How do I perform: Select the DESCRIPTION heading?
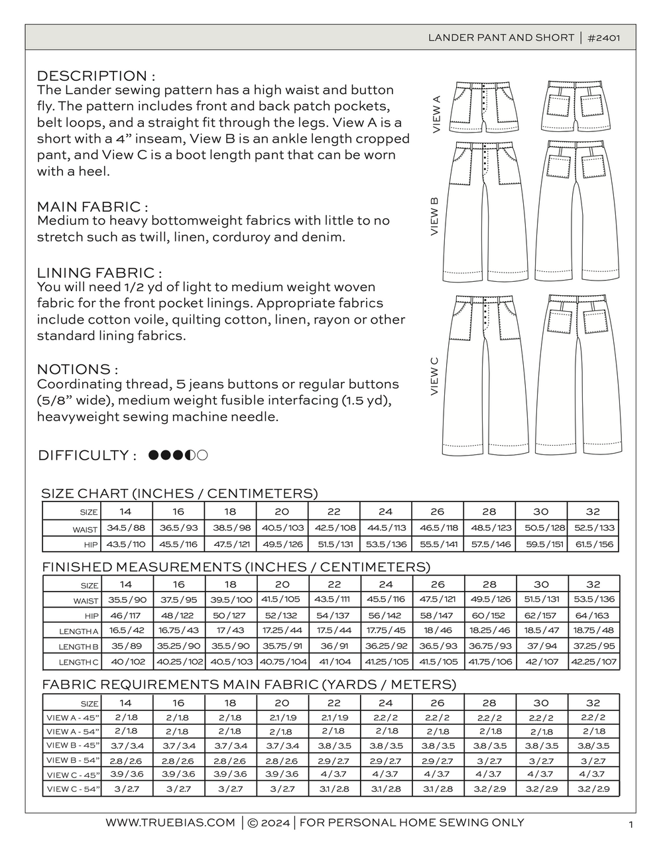(96, 76)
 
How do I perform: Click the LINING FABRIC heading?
(99, 273)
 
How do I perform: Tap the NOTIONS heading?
(78, 369)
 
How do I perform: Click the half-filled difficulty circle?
(192, 455)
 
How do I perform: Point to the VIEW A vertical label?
(436, 114)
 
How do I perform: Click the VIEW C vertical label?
(435, 376)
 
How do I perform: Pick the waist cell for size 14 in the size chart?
(126, 528)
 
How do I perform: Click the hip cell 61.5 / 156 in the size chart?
(593, 544)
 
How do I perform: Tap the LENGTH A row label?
(78, 631)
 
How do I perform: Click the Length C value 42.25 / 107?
(593, 661)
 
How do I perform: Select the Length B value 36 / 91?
(334, 646)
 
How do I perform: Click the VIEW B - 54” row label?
(73, 760)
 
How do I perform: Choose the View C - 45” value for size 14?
(126, 774)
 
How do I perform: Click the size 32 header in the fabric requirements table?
(593, 702)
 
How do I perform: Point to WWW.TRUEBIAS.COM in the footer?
(170, 822)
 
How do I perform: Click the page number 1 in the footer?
(631, 824)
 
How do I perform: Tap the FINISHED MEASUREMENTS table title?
(236, 567)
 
